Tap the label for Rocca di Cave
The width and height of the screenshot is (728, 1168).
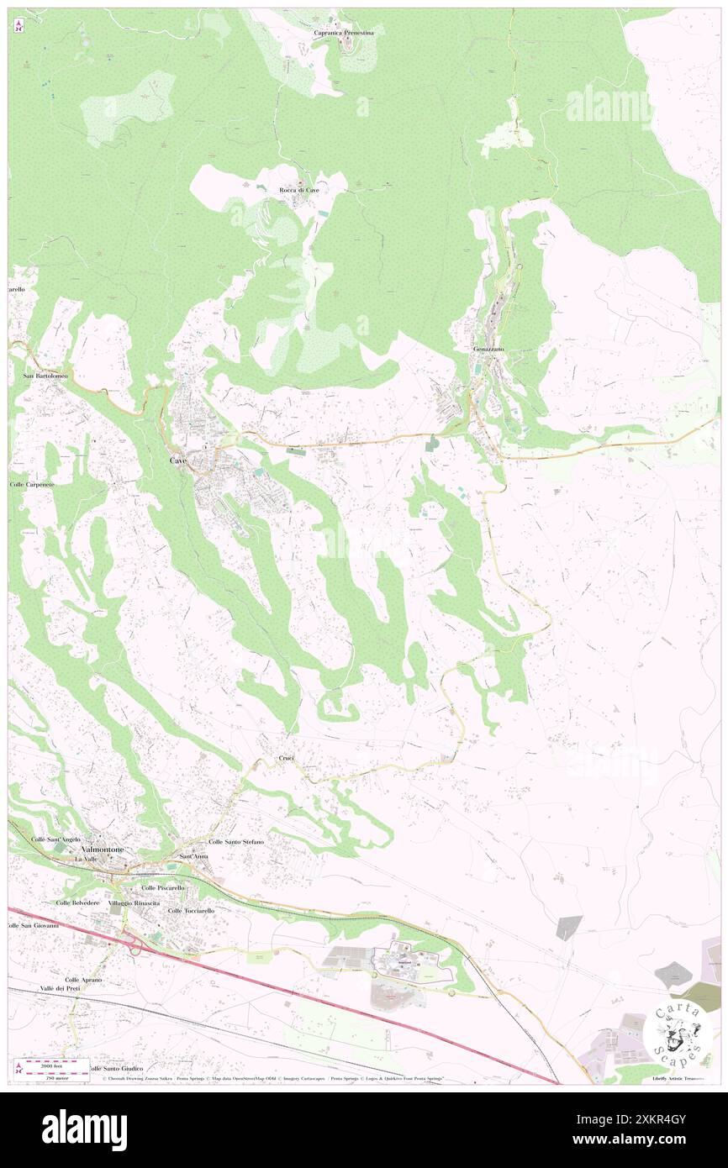click(x=299, y=190)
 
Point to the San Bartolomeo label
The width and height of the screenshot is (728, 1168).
click(x=45, y=376)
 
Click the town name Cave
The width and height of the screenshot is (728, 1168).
click(x=178, y=461)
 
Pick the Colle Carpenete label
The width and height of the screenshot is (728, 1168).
click(x=32, y=485)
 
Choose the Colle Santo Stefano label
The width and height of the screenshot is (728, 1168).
click(x=236, y=841)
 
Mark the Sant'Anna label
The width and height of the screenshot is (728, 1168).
click(x=193, y=856)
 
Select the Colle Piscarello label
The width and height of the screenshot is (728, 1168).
click(x=163, y=887)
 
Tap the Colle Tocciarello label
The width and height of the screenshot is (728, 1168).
click(x=191, y=910)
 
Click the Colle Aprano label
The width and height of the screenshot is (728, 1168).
click(x=84, y=980)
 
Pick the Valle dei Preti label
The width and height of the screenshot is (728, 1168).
click(x=58, y=989)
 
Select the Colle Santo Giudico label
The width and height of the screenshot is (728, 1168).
click(x=119, y=1068)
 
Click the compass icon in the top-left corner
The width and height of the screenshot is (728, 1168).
click(x=18, y=25)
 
